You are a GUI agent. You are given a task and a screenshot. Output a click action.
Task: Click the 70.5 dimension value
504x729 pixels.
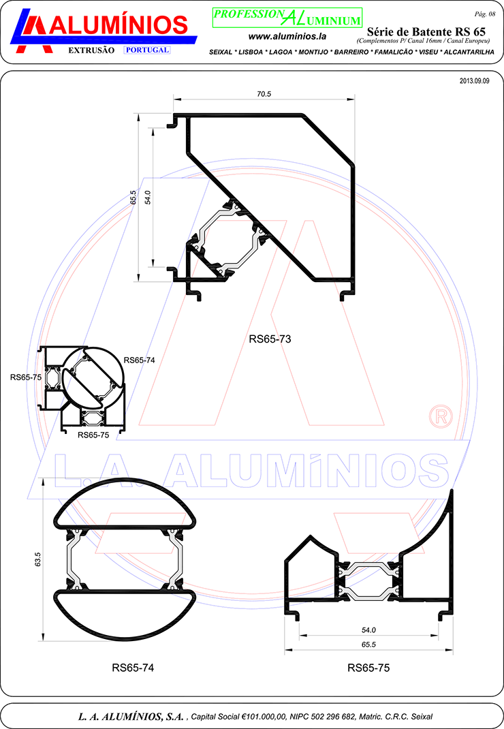pos(264,94)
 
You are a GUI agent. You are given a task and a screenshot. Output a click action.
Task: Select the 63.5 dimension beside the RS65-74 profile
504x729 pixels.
pos(38,559)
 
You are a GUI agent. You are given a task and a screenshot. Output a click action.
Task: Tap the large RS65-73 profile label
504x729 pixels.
pos(270,339)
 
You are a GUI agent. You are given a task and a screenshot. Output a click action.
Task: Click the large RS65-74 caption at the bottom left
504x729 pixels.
pos(133,668)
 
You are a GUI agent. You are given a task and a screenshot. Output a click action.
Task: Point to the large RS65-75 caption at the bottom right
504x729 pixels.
pos(368,668)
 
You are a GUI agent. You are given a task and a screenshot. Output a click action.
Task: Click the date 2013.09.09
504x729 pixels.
pos(474,81)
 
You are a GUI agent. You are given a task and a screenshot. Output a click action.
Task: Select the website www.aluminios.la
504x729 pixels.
pos(287,36)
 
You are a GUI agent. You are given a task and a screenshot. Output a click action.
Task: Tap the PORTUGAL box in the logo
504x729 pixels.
pos(147,50)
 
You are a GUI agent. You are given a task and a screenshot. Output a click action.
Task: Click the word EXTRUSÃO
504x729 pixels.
pos(91,50)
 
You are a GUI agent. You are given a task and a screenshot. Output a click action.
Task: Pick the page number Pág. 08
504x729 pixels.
pos(485,14)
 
